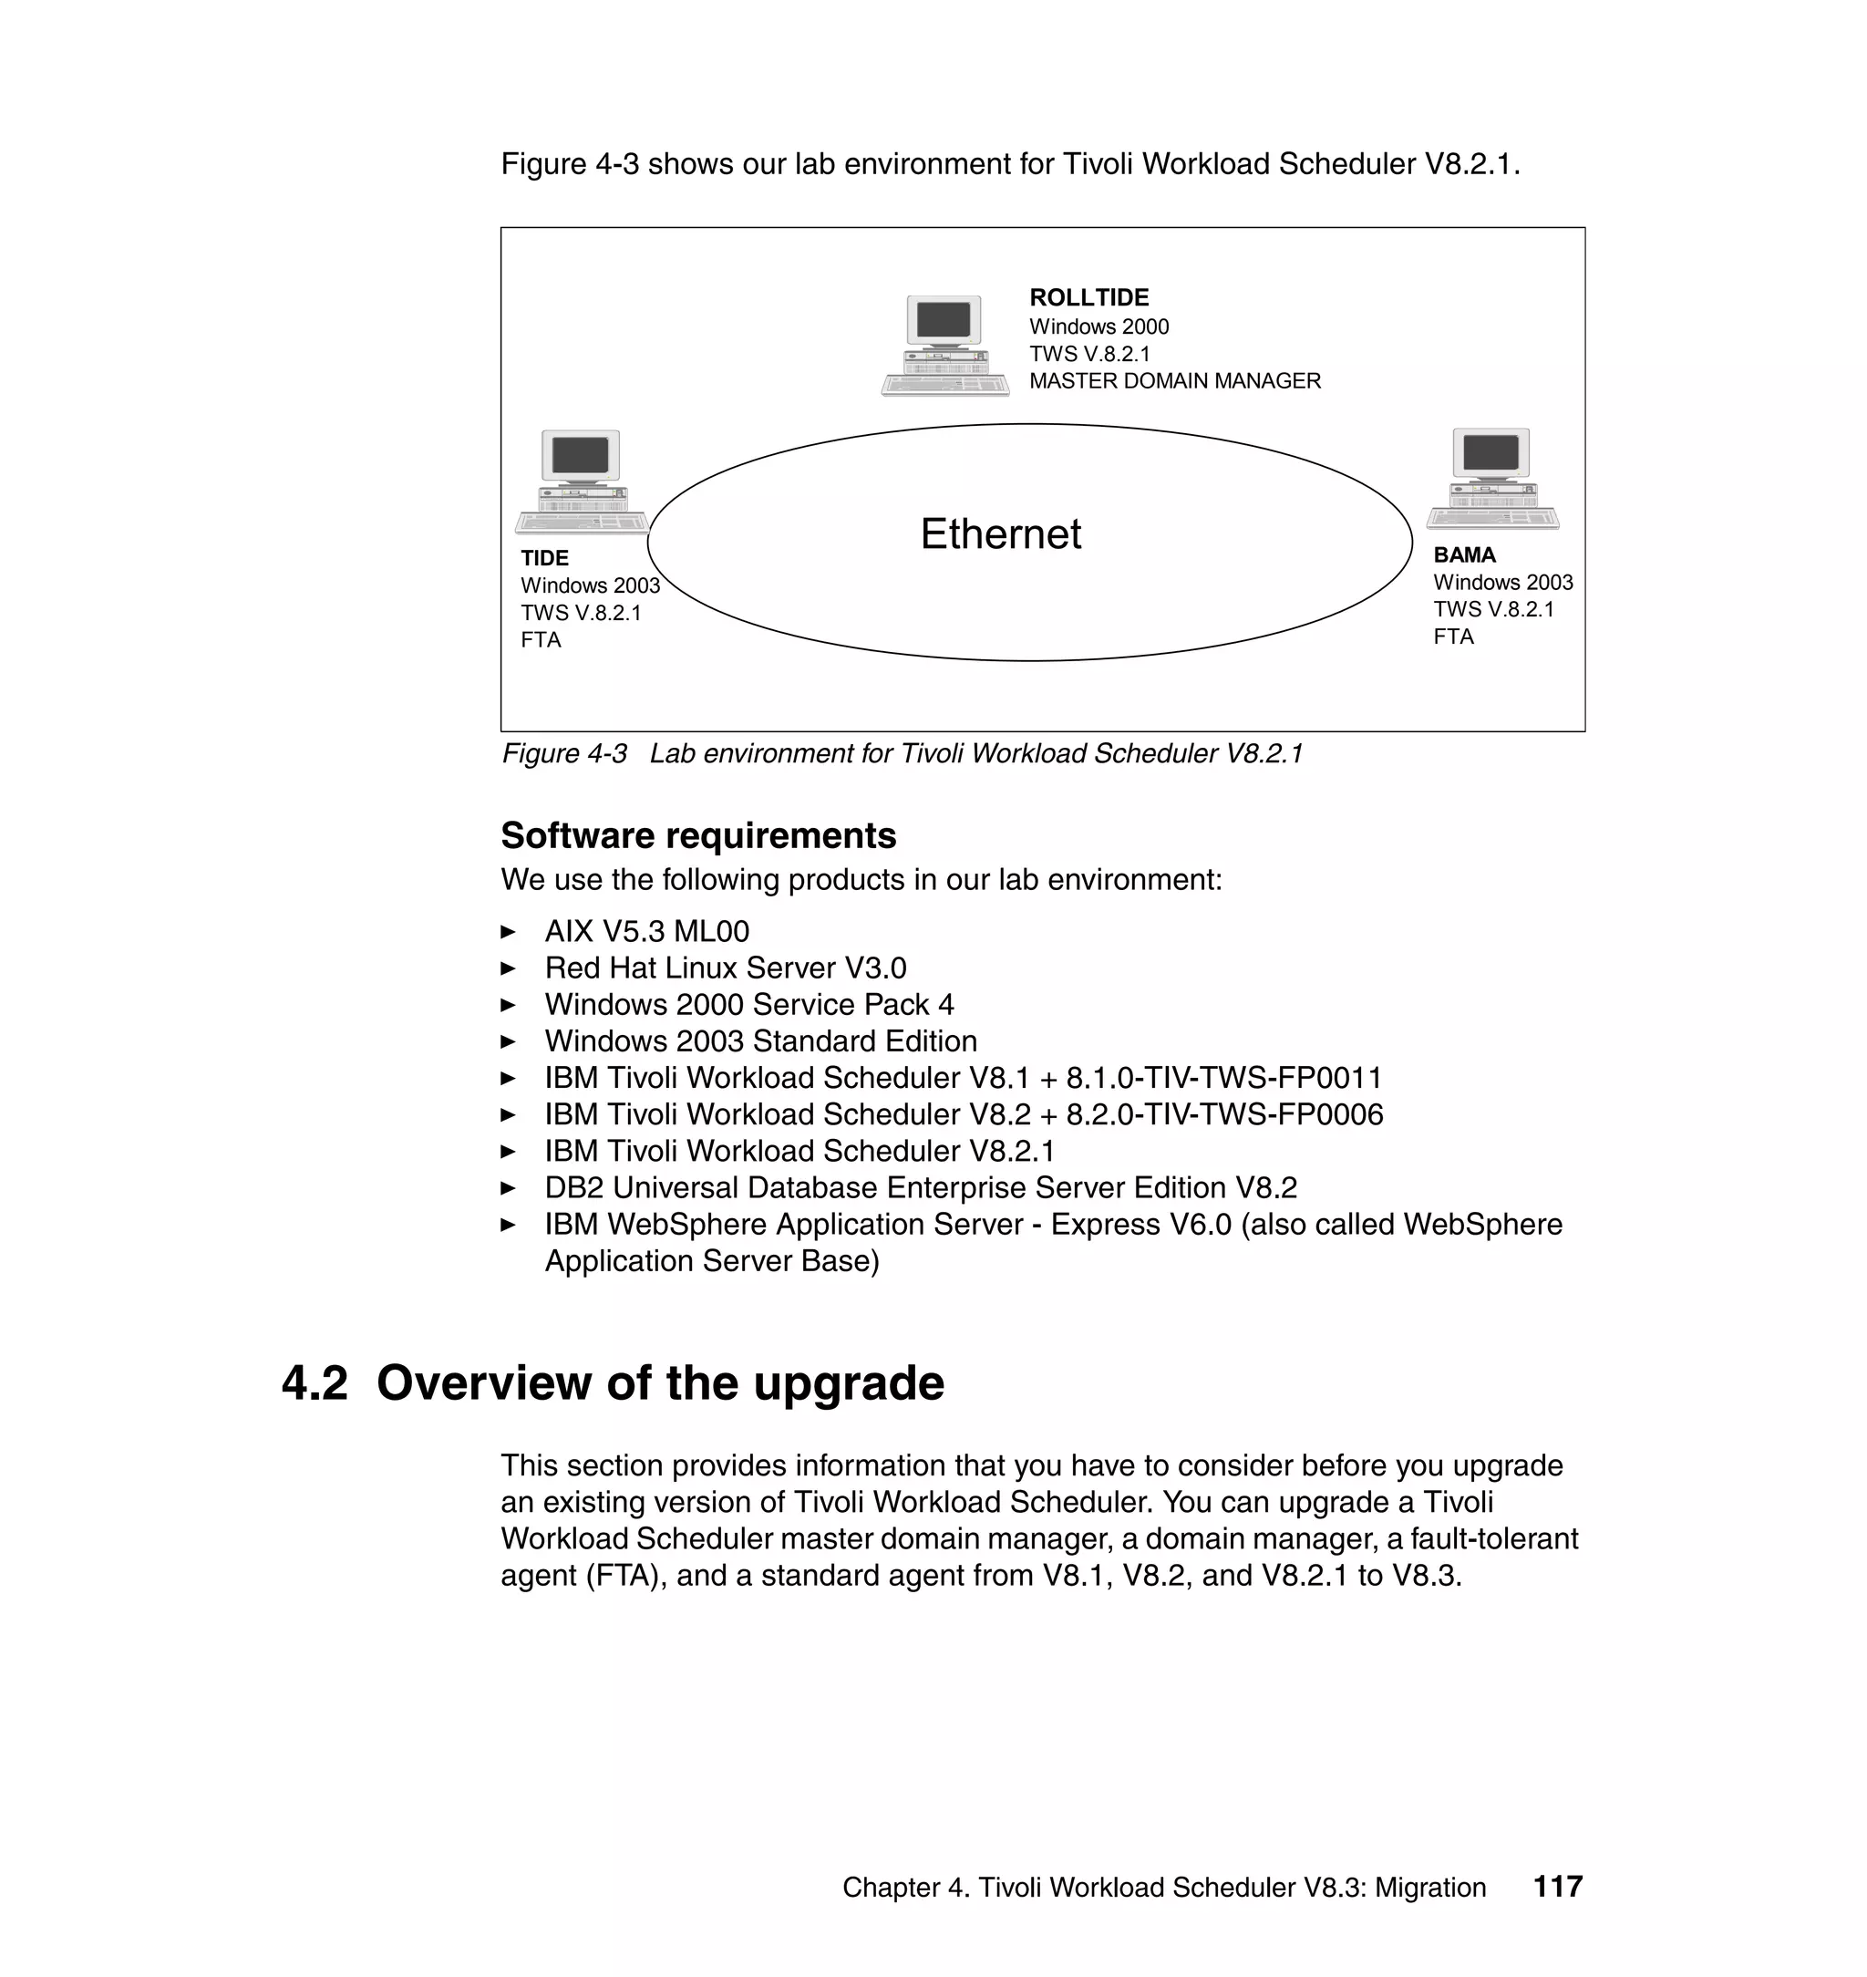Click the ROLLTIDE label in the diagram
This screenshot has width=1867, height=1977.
point(1088,297)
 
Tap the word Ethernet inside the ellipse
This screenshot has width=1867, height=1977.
point(1000,534)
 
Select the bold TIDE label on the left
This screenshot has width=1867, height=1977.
point(544,558)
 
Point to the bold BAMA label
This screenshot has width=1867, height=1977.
point(1464,555)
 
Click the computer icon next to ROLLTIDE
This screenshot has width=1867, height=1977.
point(944,346)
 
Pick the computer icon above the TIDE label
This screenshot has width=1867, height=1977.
point(582,481)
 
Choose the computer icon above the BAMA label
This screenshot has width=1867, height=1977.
point(1491,479)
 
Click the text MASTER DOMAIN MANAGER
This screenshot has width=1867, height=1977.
point(1174,381)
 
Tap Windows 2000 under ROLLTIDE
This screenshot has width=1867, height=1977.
point(1099,326)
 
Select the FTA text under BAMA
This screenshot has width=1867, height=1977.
point(1453,637)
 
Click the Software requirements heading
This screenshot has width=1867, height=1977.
point(697,836)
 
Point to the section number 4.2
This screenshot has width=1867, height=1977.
point(315,1383)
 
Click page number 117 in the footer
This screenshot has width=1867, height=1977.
point(1557,1887)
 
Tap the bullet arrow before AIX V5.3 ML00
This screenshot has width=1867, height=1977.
point(508,933)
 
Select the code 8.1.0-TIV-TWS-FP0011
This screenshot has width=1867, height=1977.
point(1224,1078)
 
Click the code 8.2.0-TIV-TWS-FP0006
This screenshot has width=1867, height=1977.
point(1224,1115)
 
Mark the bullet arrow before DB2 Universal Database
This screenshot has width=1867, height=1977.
point(508,1188)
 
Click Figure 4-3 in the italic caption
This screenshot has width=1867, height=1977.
point(564,753)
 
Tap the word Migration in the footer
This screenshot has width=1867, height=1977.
point(1430,1888)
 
